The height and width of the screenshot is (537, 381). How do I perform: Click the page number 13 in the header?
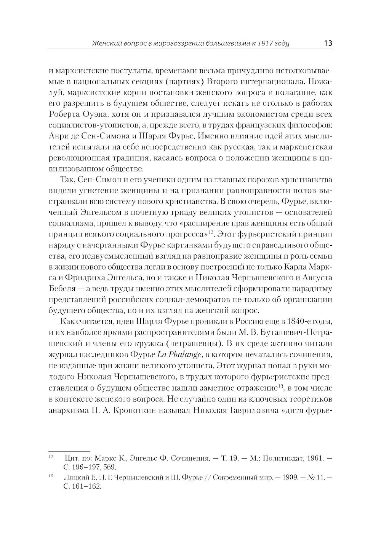tap(328, 43)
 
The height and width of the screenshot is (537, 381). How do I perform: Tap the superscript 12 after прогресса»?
tap(210, 231)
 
